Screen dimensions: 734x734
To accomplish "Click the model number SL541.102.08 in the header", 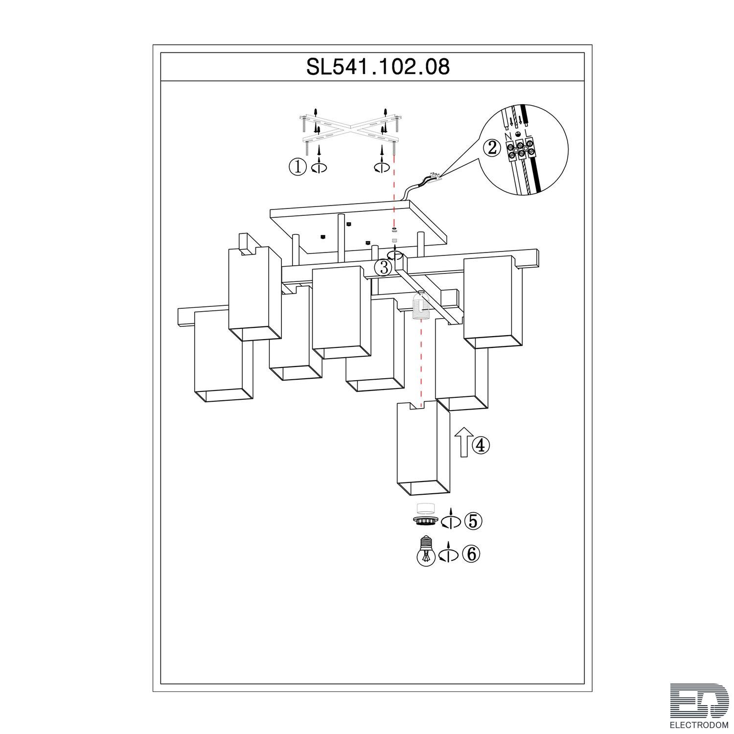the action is pos(378,67).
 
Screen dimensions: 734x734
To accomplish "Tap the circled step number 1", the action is pos(297,167).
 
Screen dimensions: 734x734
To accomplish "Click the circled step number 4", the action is pos(480,445).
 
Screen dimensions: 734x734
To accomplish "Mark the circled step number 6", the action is pos(472,554).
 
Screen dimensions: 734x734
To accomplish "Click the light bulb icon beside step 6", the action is pos(425,552).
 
